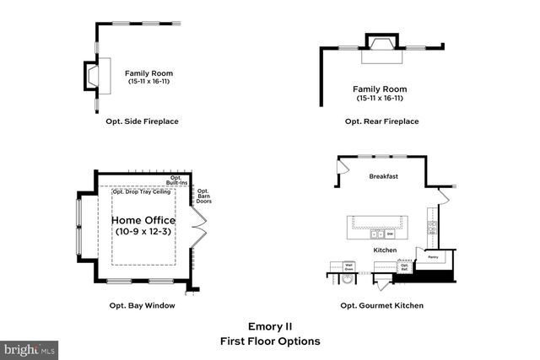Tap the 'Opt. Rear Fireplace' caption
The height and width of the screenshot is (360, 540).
click(381, 121)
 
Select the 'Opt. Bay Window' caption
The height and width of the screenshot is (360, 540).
click(143, 305)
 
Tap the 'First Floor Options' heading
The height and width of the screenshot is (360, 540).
click(270, 341)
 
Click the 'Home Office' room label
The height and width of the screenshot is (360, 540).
click(143, 221)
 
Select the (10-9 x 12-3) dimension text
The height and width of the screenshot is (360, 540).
click(143, 232)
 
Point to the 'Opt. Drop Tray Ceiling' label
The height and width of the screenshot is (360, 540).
click(142, 192)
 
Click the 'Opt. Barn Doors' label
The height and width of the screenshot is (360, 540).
click(203, 197)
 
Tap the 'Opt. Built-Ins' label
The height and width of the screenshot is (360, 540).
click(177, 180)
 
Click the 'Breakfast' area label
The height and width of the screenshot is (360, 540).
click(383, 177)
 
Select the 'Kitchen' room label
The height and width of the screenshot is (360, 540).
click(386, 250)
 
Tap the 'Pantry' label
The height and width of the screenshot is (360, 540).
click(432, 257)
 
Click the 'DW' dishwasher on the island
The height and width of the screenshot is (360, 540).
click(391, 234)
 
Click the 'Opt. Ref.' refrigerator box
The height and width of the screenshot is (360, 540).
click(405, 267)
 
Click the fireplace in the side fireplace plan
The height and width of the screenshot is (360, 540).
click(90, 75)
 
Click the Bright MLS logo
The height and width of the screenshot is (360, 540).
click(30, 348)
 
